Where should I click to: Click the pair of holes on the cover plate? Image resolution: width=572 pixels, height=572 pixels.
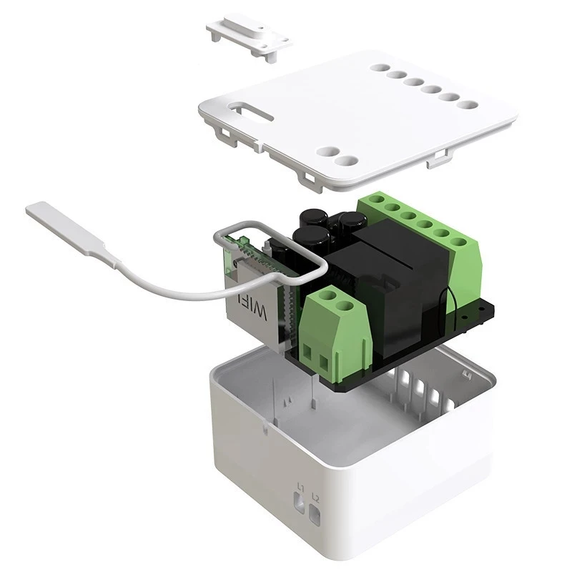[337, 156]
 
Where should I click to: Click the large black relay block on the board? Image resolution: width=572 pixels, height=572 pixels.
[400, 286]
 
